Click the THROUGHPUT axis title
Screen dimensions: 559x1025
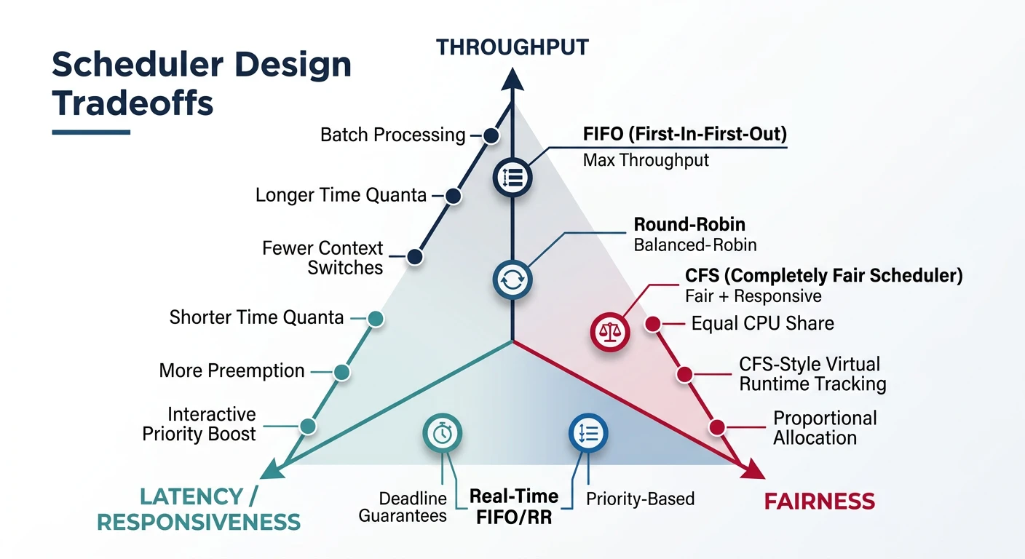point(512,48)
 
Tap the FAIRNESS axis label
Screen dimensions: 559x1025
point(819,501)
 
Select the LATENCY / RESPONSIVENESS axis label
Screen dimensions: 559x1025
point(199,510)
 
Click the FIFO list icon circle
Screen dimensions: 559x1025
point(512,177)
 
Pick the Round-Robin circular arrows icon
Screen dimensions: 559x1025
point(512,279)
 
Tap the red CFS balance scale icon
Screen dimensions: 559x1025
point(609,332)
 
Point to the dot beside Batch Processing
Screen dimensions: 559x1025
point(491,135)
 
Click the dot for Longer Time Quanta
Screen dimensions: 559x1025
point(453,196)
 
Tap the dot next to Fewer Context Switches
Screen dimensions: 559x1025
point(415,256)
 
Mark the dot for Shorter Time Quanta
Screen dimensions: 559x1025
point(376,318)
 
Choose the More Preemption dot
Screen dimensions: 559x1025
point(341,372)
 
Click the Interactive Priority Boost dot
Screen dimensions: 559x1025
point(308,426)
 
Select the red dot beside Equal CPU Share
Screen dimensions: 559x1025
point(653,323)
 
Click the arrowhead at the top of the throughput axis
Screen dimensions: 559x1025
point(512,79)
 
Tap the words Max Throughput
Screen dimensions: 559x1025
point(646,160)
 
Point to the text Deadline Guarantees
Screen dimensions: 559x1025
point(413,507)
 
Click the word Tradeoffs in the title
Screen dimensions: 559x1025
point(133,103)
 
